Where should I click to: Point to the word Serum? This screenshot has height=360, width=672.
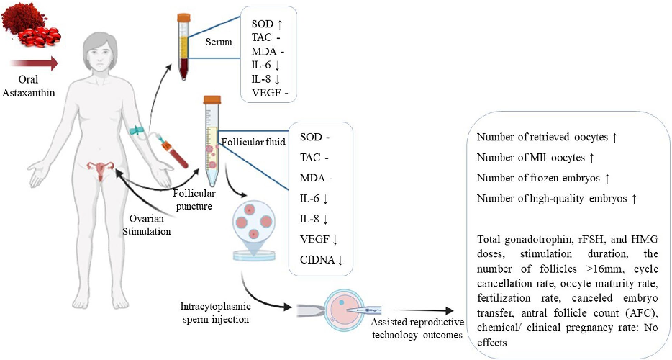(219, 42)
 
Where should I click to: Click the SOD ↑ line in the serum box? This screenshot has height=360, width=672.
(268, 24)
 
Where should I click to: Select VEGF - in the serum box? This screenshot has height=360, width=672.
(270, 91)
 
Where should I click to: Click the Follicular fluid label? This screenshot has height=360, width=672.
(255, 140)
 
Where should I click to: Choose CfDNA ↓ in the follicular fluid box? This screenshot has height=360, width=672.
(321, 259)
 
